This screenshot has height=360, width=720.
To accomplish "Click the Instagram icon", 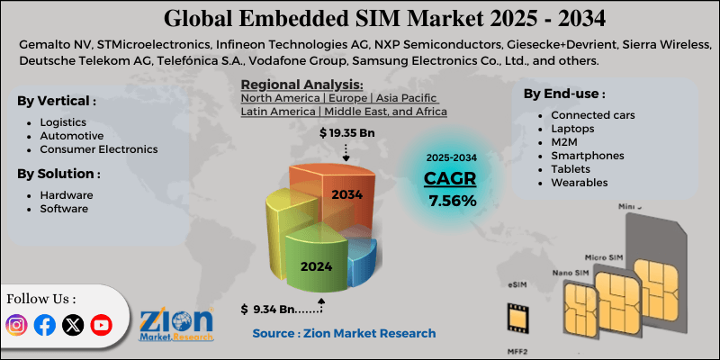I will (x=17, y=326).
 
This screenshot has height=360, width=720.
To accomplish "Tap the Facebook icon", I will (x=44, y=326).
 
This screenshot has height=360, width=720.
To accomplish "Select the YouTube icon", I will (x=101, y=326).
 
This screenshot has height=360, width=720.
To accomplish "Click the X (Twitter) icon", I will (x=73, y=326).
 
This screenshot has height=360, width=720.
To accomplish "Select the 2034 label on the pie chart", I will (x=346, y=194).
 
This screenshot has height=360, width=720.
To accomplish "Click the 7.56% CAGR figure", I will (x=453, y=201).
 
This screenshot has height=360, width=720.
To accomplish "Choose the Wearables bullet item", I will (x=579, y=182).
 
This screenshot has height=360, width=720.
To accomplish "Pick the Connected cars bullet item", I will (x=592, y=115).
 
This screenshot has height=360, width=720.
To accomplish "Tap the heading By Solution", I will (x=58, y=173).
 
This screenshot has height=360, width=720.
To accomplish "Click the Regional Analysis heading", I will (x=288, y=85).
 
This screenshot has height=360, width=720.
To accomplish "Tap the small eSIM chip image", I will (x=517, y=318).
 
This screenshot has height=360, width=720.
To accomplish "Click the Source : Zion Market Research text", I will (x=344, y=333).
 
